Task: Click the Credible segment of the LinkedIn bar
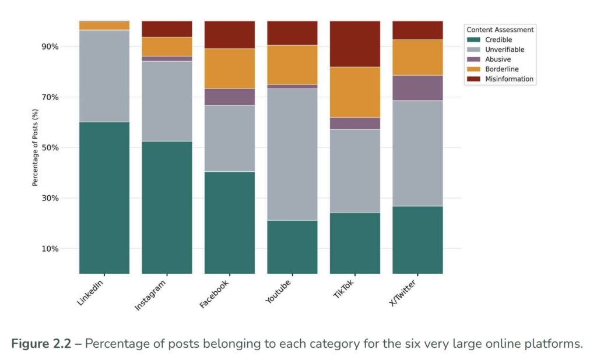coord(104,197)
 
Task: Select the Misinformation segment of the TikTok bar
coord(355,44)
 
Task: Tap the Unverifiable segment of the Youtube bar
coord(292,154)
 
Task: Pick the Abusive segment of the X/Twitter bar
coord(417,88)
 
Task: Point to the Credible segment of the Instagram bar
coord(167,207)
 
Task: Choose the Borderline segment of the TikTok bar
coord(355,92)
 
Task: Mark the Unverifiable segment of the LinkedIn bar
coord(104,76)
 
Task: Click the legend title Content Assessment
coord(500,30)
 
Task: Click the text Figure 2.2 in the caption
coord(45,343)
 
